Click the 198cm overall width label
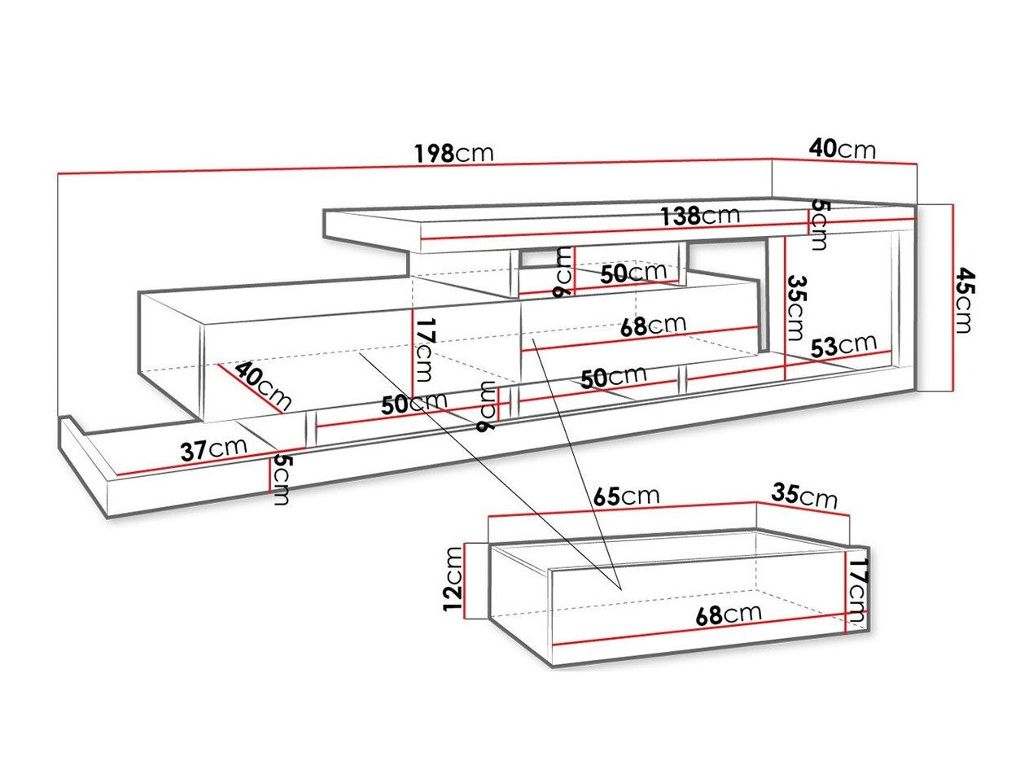pyautogui.click(x=453, y=154)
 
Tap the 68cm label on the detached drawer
pyautogui.click(x=729, y=614)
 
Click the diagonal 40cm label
pyautogui.click(x=263, y=387)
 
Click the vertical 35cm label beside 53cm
pyautogui.click(x=795, y=308)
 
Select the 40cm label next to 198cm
pyautogui.click(x=842, y=149)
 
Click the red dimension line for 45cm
pyautogui.click(x=950, y=297)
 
